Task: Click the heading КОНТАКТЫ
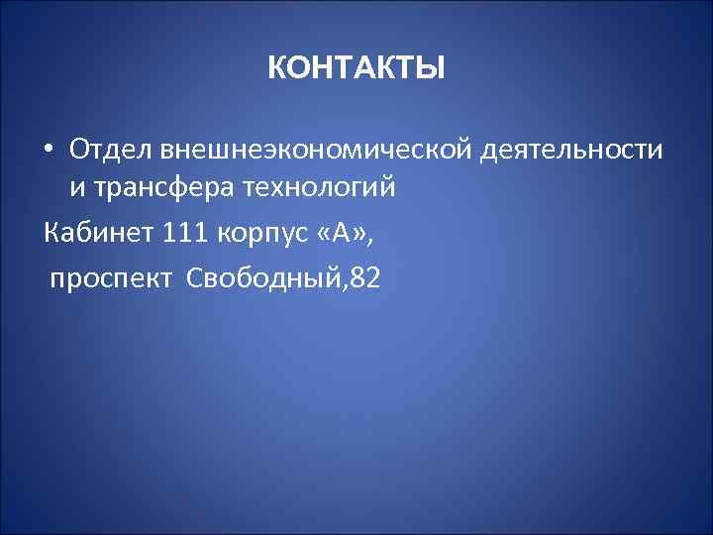pos(356,69)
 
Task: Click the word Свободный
pos(255,280)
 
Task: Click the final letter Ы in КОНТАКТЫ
pos(433,69)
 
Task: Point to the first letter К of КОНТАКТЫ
pos(276,69)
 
